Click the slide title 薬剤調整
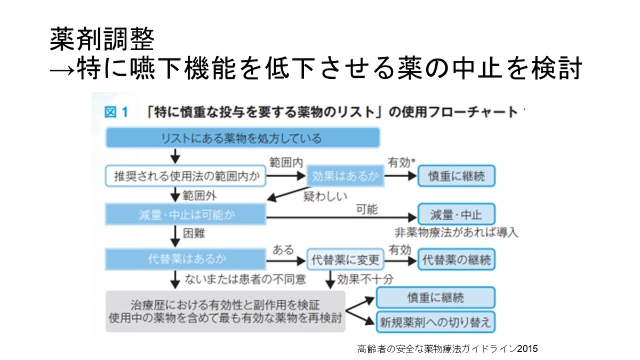[102, 39]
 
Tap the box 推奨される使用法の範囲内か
[186, 177]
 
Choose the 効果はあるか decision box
[345, 177]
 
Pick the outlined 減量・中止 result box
[456, 215]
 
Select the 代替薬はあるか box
[186, 260]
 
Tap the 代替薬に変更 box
[345, 260]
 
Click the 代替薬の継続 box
[456, 260]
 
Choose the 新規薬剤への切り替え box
[436, 322]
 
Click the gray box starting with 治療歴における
[225, 311]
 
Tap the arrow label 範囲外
[200, 195]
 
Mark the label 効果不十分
[361, 278]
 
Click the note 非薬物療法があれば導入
[456, 233]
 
